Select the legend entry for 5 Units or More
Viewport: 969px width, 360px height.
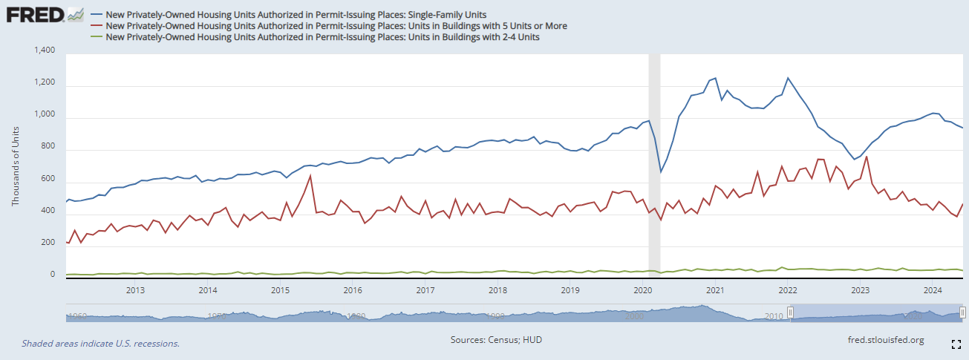click(336, 25)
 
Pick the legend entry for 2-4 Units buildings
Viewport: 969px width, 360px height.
click(322, 36)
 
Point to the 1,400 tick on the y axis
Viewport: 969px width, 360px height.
click(45, 50)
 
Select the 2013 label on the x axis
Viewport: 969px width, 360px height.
click(135, 289)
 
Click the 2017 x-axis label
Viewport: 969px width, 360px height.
click(425, 289)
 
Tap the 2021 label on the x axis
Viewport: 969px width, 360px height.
click(715, 289)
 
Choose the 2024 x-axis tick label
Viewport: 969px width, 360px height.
click(933, 289)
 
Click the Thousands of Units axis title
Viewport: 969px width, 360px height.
click(16, 165)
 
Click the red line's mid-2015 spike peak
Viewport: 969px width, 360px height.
click(310, 175)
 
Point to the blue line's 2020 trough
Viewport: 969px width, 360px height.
click(661, 172)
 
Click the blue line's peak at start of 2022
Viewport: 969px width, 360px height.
click(788, 78)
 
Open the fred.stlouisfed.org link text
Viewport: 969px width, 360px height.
click(886, 340)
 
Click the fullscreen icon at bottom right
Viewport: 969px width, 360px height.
click(956, 344)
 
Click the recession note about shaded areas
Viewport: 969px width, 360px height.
click(101, 344)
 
